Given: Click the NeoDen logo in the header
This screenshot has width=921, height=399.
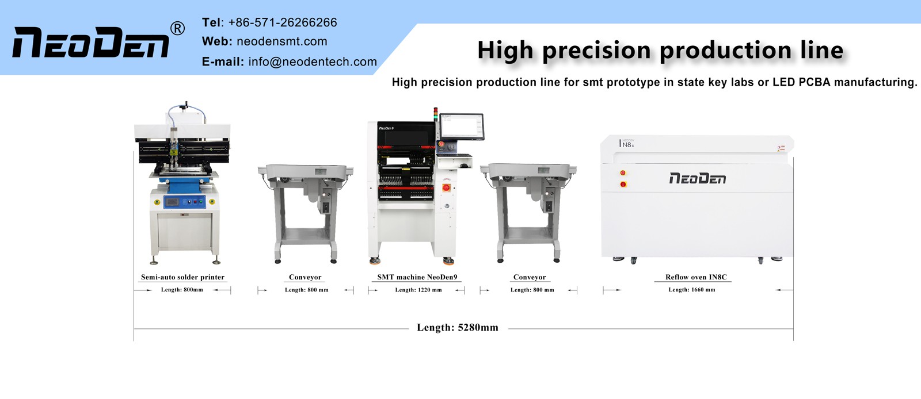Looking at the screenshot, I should coord(91,43).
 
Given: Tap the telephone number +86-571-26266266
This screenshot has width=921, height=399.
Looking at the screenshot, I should coord(282,22).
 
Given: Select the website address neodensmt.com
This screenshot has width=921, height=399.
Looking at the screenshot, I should coord(281,41).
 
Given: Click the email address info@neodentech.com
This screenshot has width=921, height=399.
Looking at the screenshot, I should coord(313,62).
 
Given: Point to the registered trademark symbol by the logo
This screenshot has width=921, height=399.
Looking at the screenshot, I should coord(178,28).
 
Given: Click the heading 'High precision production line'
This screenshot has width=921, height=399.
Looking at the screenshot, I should coord(660,50).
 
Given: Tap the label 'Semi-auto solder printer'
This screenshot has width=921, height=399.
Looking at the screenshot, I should coord(182,277).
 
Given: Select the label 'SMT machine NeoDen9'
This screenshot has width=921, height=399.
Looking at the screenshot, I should coord(417,277).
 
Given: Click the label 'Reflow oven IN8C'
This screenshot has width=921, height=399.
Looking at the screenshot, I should coord(696,277).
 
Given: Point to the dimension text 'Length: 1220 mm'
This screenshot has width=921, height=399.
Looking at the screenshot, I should coord(418,290).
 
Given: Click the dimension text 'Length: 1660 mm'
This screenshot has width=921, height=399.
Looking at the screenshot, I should coord(691,290).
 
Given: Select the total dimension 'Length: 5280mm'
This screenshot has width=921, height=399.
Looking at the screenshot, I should coord(458,328).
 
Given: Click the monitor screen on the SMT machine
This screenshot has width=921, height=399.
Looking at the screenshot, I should coord(462,126).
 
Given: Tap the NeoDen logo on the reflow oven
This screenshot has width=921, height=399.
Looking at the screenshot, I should coord(697,179).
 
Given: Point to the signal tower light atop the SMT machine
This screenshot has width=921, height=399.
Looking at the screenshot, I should coord(436,112).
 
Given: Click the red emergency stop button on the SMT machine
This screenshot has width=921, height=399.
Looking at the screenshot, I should coord(446,187).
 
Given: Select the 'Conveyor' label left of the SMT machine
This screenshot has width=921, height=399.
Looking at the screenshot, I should coord(305,277).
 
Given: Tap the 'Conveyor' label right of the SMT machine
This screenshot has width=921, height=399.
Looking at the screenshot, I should coord(530,277).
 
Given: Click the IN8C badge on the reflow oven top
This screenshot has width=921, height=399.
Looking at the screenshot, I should coord(627,144).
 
